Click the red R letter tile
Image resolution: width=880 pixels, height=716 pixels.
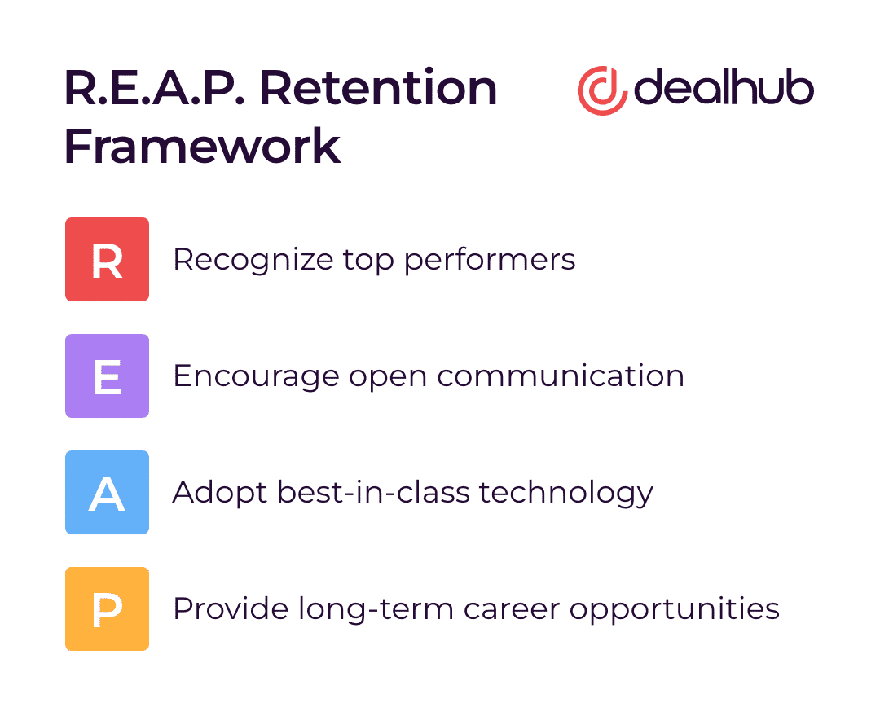click(108, 259)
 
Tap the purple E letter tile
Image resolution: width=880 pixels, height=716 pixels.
click(108, 376)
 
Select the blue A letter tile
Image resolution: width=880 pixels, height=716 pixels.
click(108, 492)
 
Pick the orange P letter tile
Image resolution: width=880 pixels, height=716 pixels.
click(108, 608)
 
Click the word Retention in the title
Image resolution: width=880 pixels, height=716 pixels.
click(378, 88)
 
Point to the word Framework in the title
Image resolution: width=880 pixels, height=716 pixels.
click(203, 146)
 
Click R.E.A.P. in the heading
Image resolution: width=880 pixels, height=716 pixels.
click(155, 88)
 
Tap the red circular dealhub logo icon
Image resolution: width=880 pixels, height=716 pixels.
click(601, 91)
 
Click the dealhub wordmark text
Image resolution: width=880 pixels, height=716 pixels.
click(724, 87)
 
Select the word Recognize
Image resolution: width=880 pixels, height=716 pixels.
click(253, 261)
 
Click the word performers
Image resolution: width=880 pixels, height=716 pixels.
click(490, 261)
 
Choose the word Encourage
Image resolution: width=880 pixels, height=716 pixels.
click(256, 376)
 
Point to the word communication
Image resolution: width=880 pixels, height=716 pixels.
click(561, 376)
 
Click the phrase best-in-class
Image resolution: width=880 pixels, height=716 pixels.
click(373, 491)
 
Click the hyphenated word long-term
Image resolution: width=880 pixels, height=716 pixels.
click(376, 609)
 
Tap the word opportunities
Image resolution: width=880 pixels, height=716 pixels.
click(675, 609)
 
